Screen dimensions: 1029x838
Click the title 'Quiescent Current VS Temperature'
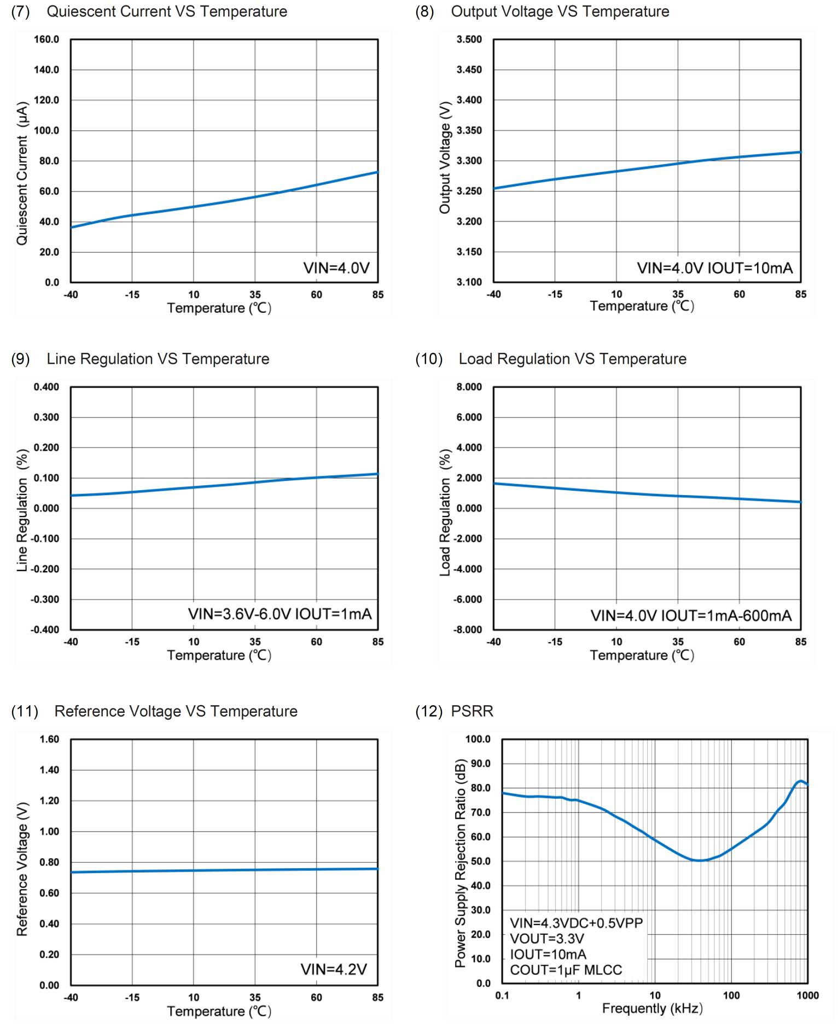[x=166, y=11]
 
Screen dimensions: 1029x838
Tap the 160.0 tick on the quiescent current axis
[x=46, y=39]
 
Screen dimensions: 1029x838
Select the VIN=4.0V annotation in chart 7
[x=336, y=268]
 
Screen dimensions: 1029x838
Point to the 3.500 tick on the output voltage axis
[x=469, y=39]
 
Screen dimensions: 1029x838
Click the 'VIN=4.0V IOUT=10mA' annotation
[x=714, y=268]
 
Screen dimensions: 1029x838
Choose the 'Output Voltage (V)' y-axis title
[x=445, y=158]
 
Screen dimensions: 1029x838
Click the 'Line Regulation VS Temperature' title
[x=158, y=359]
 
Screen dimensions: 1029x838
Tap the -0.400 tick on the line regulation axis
[x=45, y=630]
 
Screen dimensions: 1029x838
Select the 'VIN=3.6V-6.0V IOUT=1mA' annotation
[x=280, y=614]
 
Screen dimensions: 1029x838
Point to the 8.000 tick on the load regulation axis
[x=469, y=387]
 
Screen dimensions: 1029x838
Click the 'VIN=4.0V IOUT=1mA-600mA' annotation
[x=691, y=615]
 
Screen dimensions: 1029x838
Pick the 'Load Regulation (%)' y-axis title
[x=445, y=513]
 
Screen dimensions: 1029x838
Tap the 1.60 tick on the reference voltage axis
[x=49, y=740]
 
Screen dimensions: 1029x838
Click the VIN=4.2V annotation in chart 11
[x=334, y=969]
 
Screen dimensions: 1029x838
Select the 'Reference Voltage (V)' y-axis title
[x=22, y=869]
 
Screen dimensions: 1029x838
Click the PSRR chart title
[x=472, y=711]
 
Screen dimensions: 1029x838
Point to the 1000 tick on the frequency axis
[x=807, y=995]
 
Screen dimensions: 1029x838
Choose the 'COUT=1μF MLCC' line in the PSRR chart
[x=566, y=970]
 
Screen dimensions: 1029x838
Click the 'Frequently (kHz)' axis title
[x=652, y=1008]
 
